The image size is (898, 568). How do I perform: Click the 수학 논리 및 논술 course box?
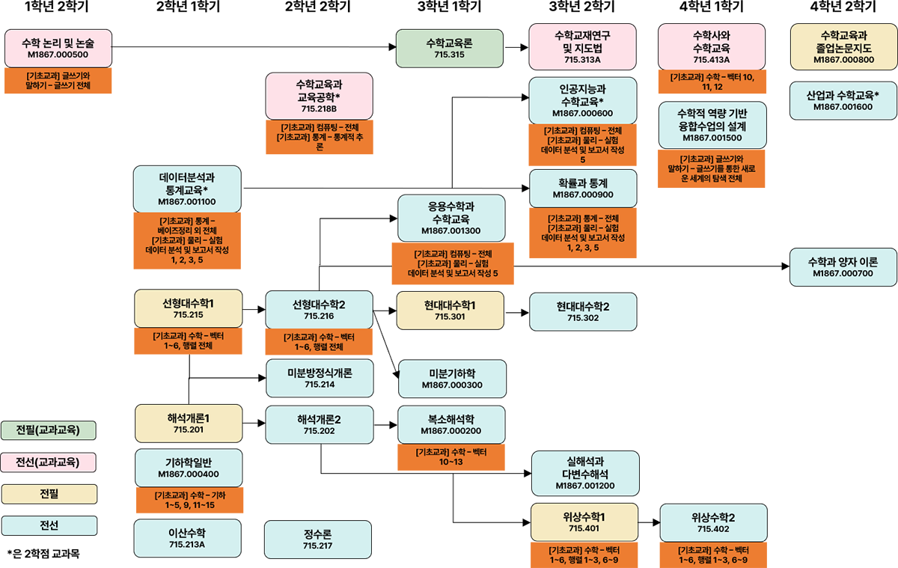click(58, 49)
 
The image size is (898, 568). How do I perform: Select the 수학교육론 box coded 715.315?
click(449, 49)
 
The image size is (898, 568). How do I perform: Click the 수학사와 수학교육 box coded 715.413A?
click(711, 46)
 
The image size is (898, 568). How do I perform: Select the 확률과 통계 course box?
click(582, 189)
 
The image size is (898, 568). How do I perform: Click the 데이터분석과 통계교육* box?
click(187, 189)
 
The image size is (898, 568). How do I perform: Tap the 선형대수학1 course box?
click(188, 309)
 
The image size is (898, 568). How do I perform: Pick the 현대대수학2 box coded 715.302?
click(583, 311)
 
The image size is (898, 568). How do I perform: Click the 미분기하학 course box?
click(452, 379)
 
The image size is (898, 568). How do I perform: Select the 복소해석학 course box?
click(452, 425)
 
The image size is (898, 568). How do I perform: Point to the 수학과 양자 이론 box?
click(843, 267)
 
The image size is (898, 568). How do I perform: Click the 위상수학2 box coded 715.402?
click(713, 522)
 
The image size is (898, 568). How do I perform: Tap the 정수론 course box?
click(318, 540)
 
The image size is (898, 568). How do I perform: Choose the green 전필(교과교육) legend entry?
click(48, 430)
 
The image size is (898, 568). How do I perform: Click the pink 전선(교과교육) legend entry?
click(48, 462)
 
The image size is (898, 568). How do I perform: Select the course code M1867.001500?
click(712, 138)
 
